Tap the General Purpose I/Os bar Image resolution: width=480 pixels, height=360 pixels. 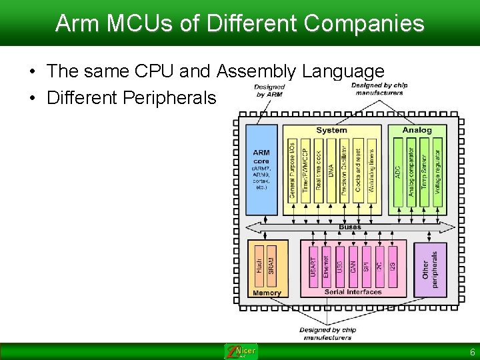[x=292, y=169]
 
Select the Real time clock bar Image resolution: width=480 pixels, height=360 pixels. [x=318, y=169]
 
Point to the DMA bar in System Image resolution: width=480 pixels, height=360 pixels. [x=331, y=169]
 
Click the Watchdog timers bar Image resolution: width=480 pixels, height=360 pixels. [x=371, y=169]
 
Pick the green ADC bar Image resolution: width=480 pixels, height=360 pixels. [x=398, y=171]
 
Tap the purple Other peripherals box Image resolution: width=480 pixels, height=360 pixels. [x=431, y=269]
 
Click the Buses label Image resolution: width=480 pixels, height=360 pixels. [x=350, y=227]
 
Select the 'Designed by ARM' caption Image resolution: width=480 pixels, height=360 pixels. [x=269, y=91]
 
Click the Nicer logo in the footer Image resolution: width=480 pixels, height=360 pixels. [x=241, y=351]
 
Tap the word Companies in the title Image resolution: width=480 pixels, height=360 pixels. [x=363, y=23]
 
